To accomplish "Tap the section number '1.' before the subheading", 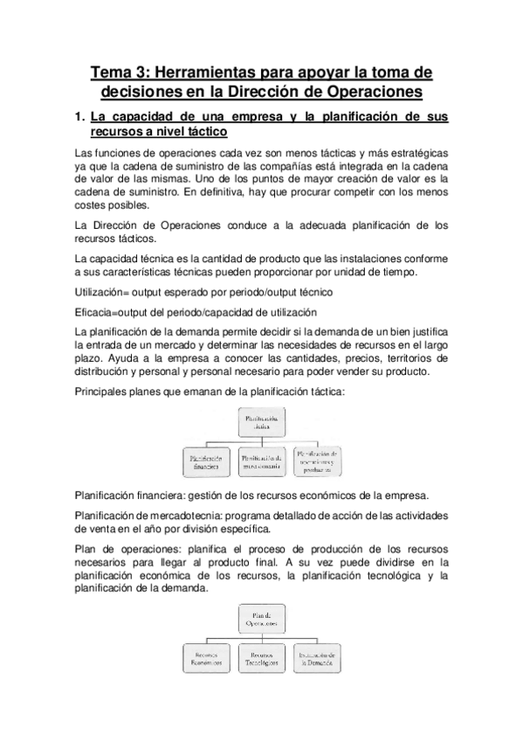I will click(x=79, y=115).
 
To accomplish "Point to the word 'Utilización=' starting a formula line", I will click(x=103, y=290).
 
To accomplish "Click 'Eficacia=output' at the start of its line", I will click(x=115, y=312).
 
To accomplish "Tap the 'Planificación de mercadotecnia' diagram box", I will click(x=262, y=461).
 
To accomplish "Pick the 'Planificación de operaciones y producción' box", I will click(x=317, y=461).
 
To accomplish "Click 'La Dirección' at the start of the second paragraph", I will click(x=107, y=225).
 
